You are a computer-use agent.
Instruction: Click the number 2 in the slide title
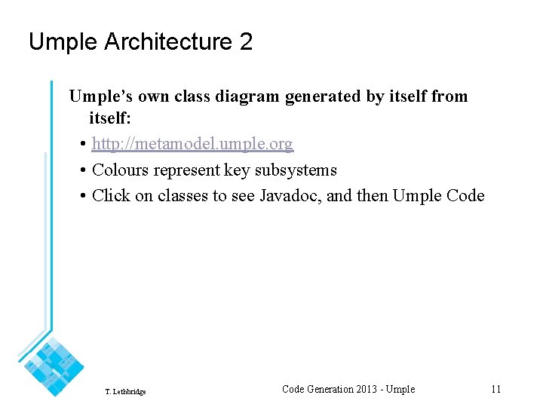click(x=246, y=42)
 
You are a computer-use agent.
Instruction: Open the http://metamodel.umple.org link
click(x=192, y=143)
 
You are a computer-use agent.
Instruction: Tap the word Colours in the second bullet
click(x=121, y=170)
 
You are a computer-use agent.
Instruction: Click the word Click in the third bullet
click(x=111, y=196)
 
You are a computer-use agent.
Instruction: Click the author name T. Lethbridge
click(x=126, y=392)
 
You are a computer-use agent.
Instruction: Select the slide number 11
click(x=495, y=389)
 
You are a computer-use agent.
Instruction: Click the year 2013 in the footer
click(x=366, y=389)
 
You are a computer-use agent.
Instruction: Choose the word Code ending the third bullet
click(x=465, y=196)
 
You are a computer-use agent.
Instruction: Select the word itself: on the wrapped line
click(x=110, y=118)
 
